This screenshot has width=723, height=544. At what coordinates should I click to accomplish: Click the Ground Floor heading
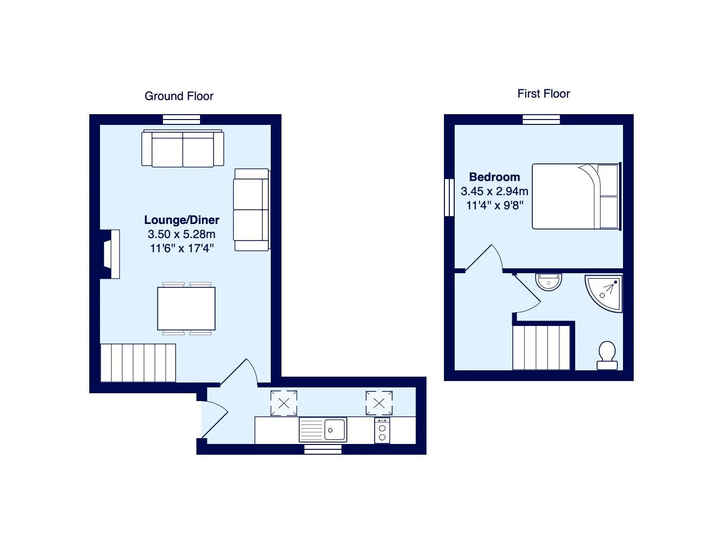coord(179,96)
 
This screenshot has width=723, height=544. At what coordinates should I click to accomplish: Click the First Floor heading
coord(543,94)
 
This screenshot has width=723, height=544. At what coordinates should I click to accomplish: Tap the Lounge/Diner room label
coord(181,220)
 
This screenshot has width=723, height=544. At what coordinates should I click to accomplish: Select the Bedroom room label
coord(494,177)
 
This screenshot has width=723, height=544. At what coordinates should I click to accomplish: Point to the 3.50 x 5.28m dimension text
coord(181,234)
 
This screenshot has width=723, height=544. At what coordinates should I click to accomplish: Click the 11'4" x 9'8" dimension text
coord(495,205)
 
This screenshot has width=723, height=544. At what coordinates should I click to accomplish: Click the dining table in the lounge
coord(186,308)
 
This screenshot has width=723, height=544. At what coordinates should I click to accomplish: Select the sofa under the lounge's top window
coord(182,148)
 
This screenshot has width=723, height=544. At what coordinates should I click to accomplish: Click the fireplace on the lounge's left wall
coord(110,254)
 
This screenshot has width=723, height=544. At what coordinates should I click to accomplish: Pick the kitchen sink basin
coord(335,430)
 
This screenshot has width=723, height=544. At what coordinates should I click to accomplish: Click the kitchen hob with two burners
coord(382,430)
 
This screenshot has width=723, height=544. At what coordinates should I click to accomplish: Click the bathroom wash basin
coord(549,282)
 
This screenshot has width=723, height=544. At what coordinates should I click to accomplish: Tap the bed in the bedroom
coord(575,197)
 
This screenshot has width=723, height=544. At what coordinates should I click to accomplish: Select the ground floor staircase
coord(138,363)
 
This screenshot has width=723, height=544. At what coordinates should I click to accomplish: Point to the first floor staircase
coord(542,347)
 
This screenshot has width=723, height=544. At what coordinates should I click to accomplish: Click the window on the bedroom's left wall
coord(449,197)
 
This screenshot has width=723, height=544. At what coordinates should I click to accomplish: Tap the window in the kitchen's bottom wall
coord(316,449)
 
